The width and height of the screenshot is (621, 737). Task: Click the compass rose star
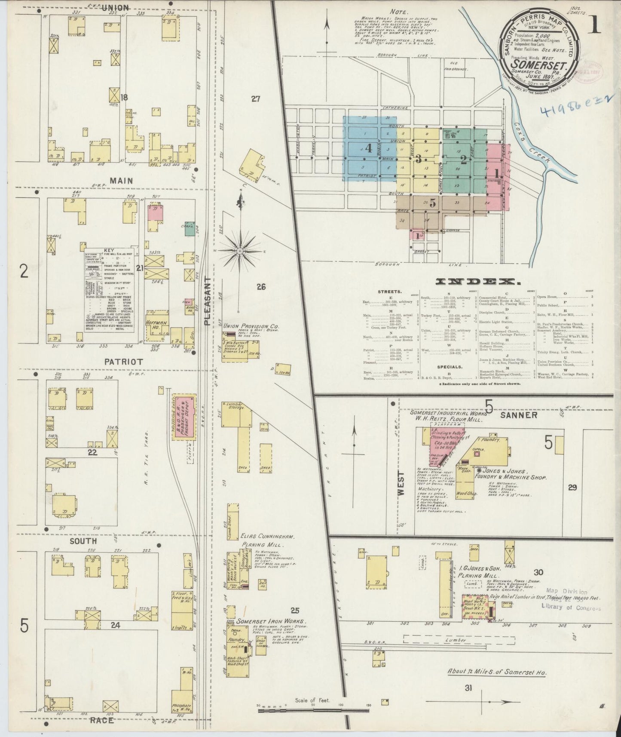click(239, 250)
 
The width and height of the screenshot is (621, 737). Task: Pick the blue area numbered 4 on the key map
click(369, 148)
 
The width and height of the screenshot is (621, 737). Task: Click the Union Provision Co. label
click(249, 326)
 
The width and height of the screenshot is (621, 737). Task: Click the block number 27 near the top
click(256, 99)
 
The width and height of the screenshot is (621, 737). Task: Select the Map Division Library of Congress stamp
click(570, 600)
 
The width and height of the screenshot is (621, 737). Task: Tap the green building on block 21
click(189, 230)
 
